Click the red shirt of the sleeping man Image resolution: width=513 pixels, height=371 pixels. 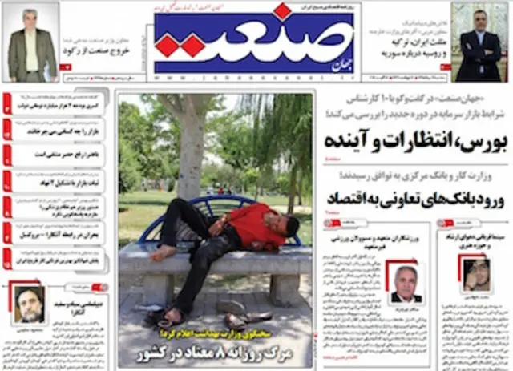pyautogui.click(x=253, y=224)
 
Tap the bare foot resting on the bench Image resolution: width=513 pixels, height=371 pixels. pyautogui.click(x=161, y=252)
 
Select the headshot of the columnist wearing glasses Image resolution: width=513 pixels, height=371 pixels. pyautogui.click(x=472, y=273)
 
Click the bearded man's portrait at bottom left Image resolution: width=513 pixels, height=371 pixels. pyautogui.click(x=28, y=304)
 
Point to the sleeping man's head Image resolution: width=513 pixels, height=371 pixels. pyautogui.click(x=289, y=225)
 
